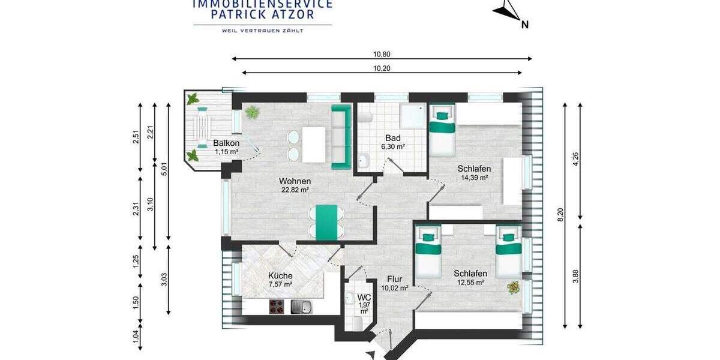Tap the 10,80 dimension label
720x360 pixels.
(x=382, y=54)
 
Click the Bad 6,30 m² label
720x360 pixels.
(x=393, y=142)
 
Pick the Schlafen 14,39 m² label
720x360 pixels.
(x=473, y=173)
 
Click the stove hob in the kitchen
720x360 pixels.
(x=277, y=307)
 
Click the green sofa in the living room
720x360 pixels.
(x=341, y=136)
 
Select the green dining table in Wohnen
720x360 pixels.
(x=324, y=222)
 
